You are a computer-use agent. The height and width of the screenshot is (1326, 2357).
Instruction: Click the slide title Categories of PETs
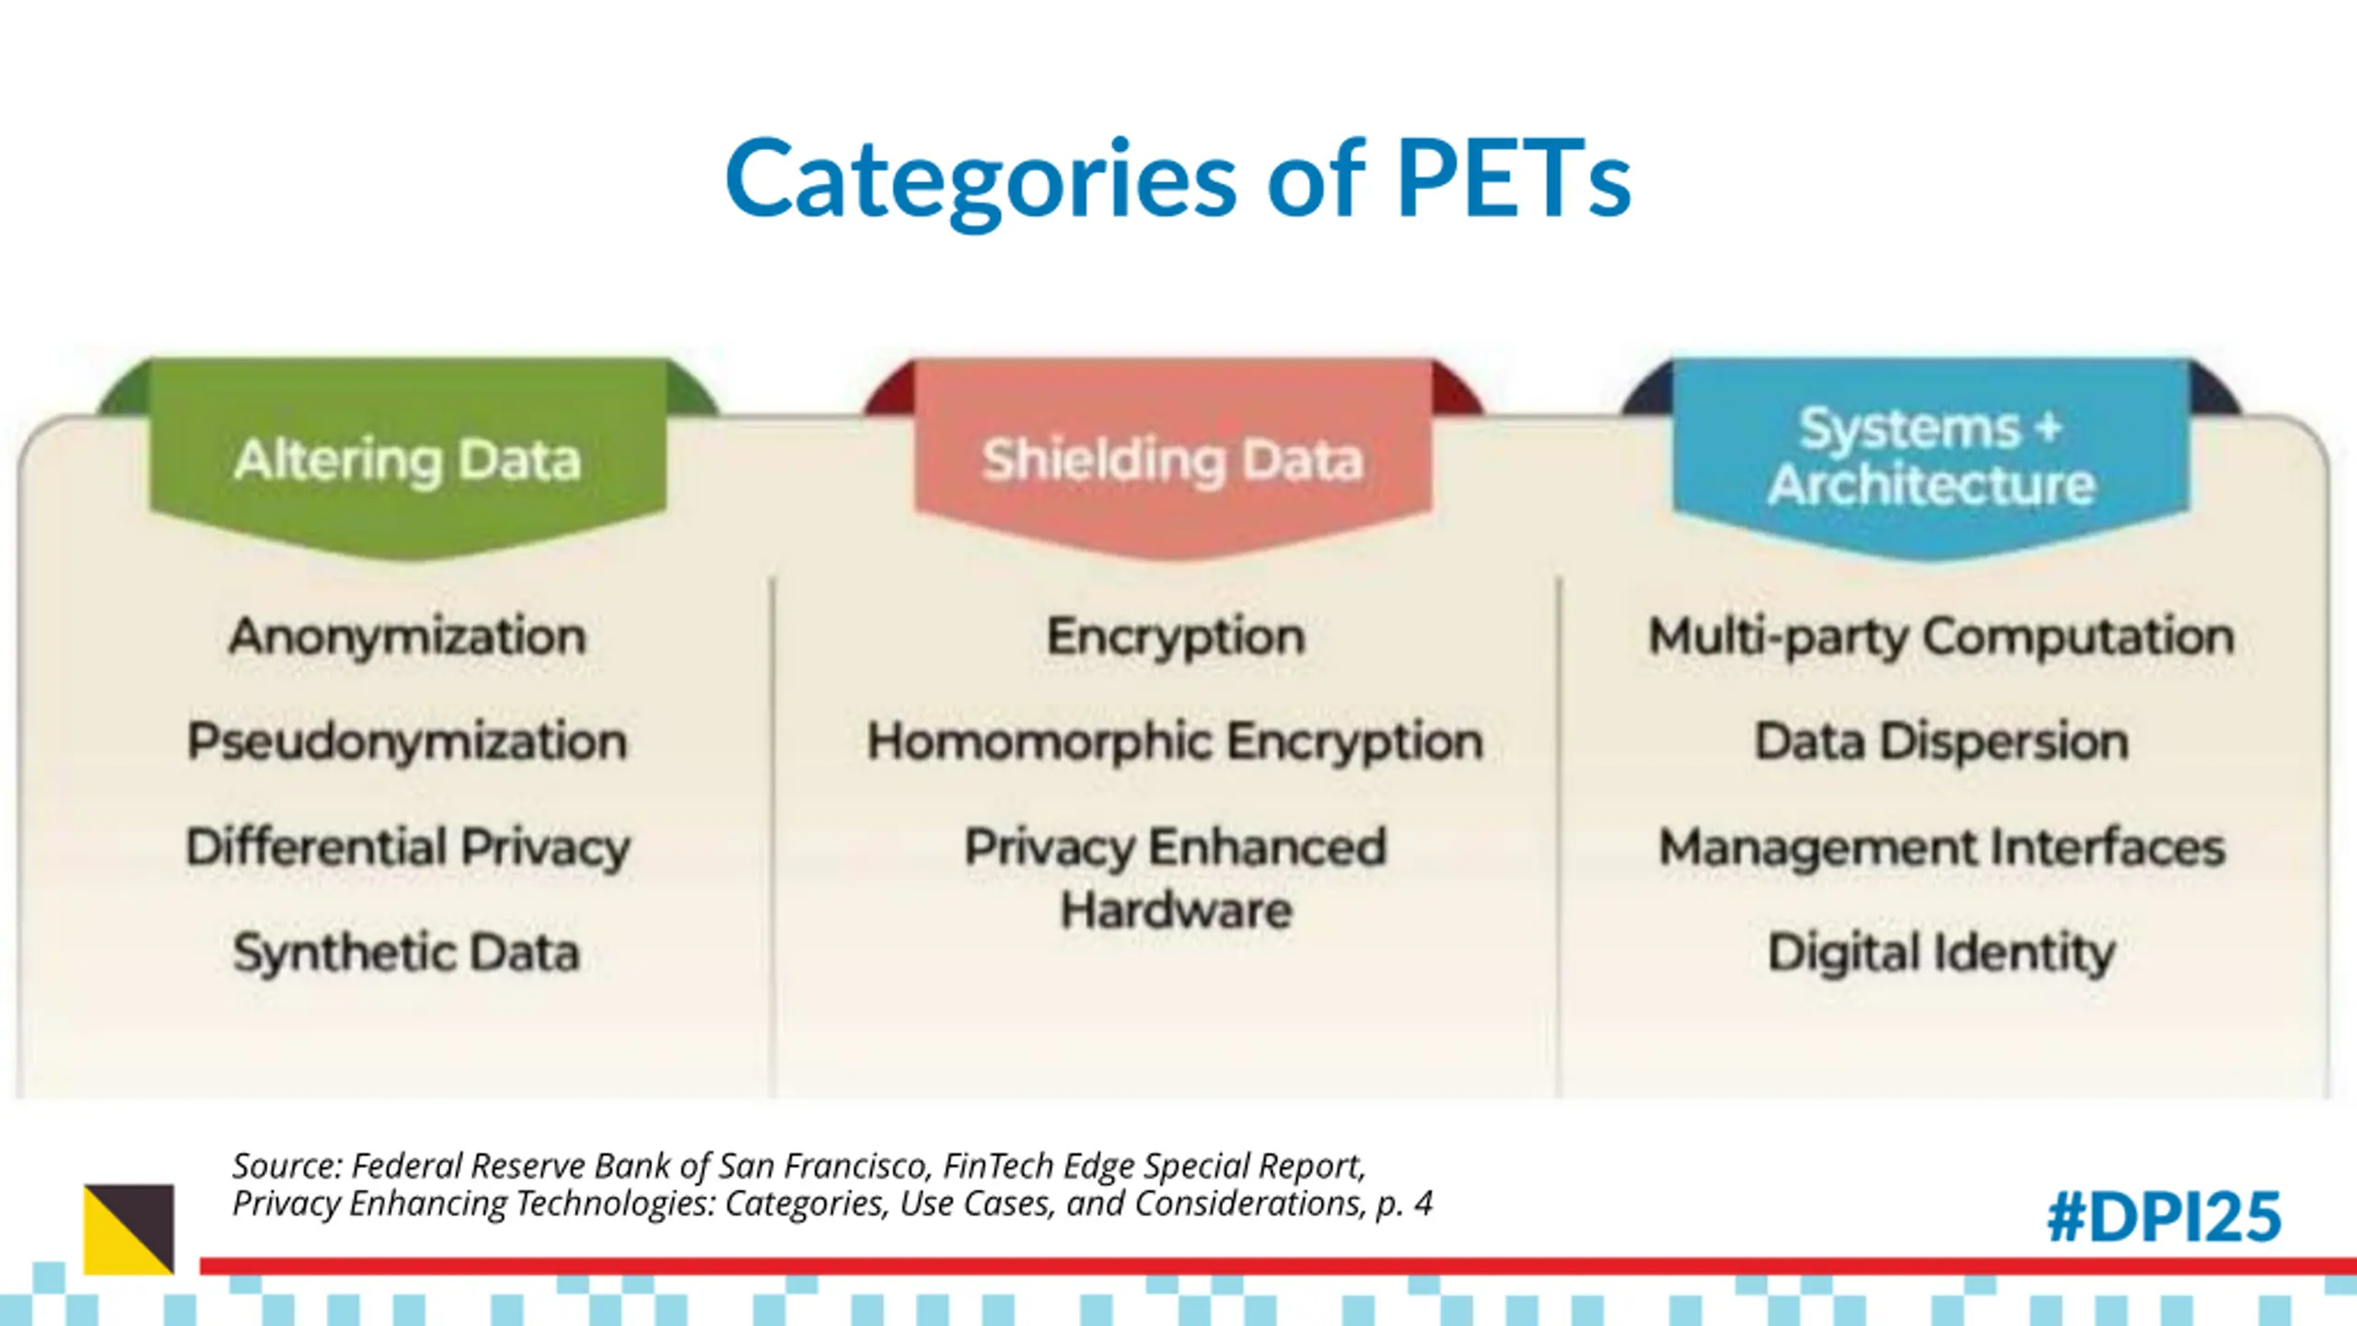(1178, 179)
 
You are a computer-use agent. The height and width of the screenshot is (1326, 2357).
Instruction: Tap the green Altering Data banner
(408, 459)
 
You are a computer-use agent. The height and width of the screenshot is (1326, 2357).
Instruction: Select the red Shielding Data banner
(1172, 459)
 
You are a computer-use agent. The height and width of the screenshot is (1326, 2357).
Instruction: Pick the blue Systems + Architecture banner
(1931, 457)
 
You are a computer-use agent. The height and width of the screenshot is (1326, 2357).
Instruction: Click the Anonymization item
(407, 636)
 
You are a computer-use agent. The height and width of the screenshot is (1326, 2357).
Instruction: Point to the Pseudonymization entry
(407, 741)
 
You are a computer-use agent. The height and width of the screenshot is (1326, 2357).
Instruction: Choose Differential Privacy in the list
(408, 847)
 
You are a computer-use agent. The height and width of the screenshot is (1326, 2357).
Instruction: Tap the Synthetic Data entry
(406, 952)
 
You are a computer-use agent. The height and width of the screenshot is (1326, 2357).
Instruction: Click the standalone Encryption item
(1176, 636)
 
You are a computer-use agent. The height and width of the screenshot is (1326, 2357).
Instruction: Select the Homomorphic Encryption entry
(1175, 741)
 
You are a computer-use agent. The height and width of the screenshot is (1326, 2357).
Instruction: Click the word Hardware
(1176, 911)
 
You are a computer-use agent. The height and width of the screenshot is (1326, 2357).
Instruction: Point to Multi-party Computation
(1941, 636)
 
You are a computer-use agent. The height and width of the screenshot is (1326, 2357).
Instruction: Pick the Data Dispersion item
(1941, 741)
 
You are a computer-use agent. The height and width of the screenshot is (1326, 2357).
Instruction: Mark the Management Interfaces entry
(1941, 847)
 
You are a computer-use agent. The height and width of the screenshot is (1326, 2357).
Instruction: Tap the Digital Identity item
(1941, 952)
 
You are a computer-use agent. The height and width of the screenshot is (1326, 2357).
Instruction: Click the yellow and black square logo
(129, 1229)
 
